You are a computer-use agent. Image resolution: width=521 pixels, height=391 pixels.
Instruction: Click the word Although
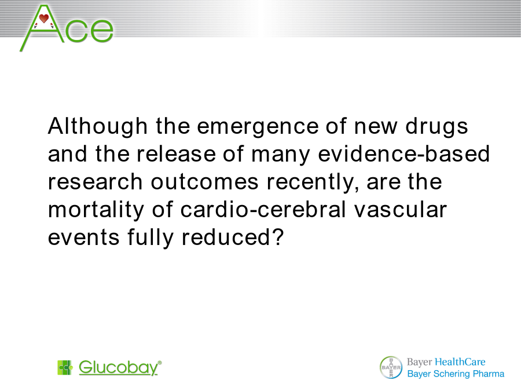[x=98, y=127]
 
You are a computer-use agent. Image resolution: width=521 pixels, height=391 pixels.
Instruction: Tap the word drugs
[x=436, y=127]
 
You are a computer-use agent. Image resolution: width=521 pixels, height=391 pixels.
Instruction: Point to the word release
[x=176, y=154]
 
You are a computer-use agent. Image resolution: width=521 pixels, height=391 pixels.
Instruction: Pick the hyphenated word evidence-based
[x=404, y=154]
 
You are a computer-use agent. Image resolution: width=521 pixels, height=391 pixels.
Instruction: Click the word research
[x=96, y=182]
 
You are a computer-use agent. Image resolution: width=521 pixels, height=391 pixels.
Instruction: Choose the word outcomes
[x=205, y=182]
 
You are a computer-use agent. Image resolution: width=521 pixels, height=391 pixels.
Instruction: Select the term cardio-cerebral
[x=263, y=210]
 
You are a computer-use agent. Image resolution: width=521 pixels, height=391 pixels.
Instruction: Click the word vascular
[x=400, y=210]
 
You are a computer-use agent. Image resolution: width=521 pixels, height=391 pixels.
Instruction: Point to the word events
[x=84, y=238]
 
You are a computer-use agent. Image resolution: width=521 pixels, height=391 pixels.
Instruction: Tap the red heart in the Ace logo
[x=44, y=19]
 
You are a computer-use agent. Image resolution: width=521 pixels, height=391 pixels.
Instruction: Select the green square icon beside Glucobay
[x=65, y=367]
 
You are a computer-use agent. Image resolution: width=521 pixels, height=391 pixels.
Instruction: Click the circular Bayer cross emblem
[x=391, y=367]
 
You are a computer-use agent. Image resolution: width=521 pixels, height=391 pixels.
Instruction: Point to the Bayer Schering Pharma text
[x=456, y=374]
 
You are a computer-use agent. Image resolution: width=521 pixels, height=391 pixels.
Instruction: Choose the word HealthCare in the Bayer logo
[x=460, y=361]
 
